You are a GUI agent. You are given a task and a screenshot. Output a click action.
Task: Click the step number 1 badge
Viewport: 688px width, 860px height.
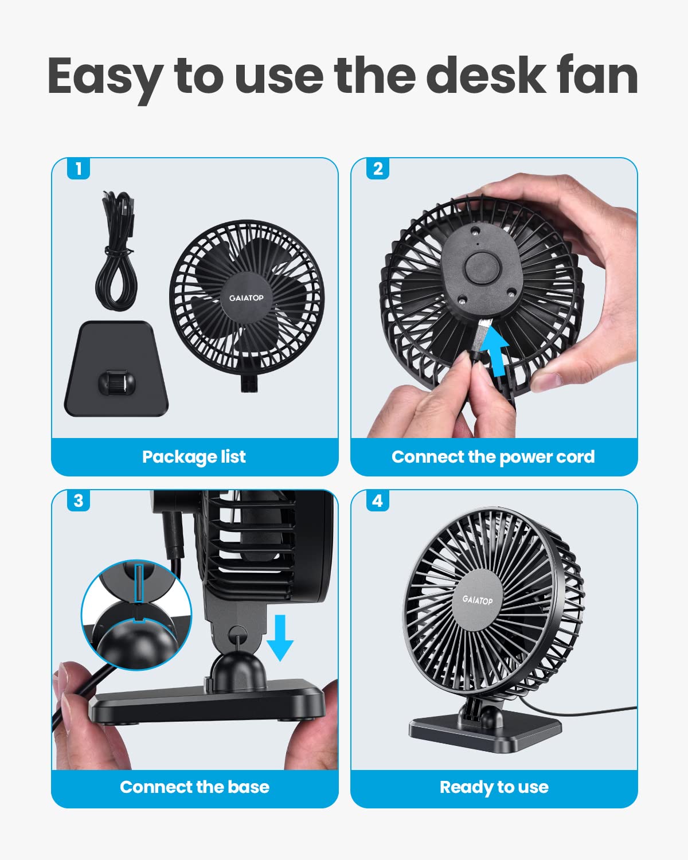tap(79, 169)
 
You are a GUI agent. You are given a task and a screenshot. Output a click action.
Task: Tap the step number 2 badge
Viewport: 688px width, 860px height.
tap(378, 169)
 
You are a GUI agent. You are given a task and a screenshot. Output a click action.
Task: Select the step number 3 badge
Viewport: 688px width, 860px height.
tap(79, 501)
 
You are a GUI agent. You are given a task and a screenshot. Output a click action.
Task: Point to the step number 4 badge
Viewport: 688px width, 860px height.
tap(378, 501)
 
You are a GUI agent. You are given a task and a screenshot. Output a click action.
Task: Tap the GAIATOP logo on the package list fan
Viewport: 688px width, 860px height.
tap(247, 298)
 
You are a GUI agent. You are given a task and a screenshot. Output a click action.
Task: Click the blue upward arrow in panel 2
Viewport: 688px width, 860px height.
tap(494, 348)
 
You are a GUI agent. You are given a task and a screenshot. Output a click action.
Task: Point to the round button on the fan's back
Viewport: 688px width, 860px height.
tap(479, 269)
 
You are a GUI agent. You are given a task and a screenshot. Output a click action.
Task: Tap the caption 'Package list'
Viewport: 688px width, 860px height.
tap(194, 457)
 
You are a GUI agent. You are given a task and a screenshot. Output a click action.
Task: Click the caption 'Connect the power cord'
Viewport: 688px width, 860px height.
tap(493, 457)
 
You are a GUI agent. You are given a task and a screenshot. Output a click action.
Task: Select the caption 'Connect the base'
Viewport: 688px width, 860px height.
tap(194, 787)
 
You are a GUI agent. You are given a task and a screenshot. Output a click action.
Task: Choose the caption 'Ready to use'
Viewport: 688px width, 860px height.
tap(494, 787)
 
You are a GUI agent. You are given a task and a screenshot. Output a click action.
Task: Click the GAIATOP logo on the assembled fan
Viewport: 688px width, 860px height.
tap(478, 600)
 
